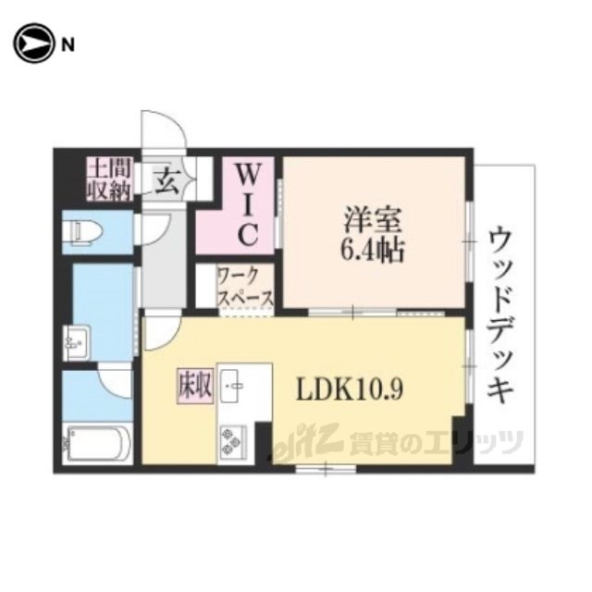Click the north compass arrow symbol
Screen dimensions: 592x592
click(x=33, y=43)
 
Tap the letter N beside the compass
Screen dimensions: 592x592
click(x=68, y=45)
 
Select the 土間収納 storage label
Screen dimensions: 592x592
click(x=109, y=179)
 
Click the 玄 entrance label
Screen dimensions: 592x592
click(x=166, y=180)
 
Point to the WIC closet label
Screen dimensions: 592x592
click(x=248, y=205)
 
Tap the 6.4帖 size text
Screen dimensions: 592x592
click(x=373, y=250)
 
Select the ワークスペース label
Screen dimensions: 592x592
click(x=245, y=286)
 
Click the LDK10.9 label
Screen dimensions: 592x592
click(x=350, y=389)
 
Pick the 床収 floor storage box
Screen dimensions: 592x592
click(x=195, y=386)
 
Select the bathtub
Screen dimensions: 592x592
click(x=98, y=444)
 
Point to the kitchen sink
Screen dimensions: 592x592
click(x=230, y=386)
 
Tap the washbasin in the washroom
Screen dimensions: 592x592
click(x=77, y=343)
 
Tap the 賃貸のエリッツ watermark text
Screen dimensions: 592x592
click(x=436, y=442)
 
